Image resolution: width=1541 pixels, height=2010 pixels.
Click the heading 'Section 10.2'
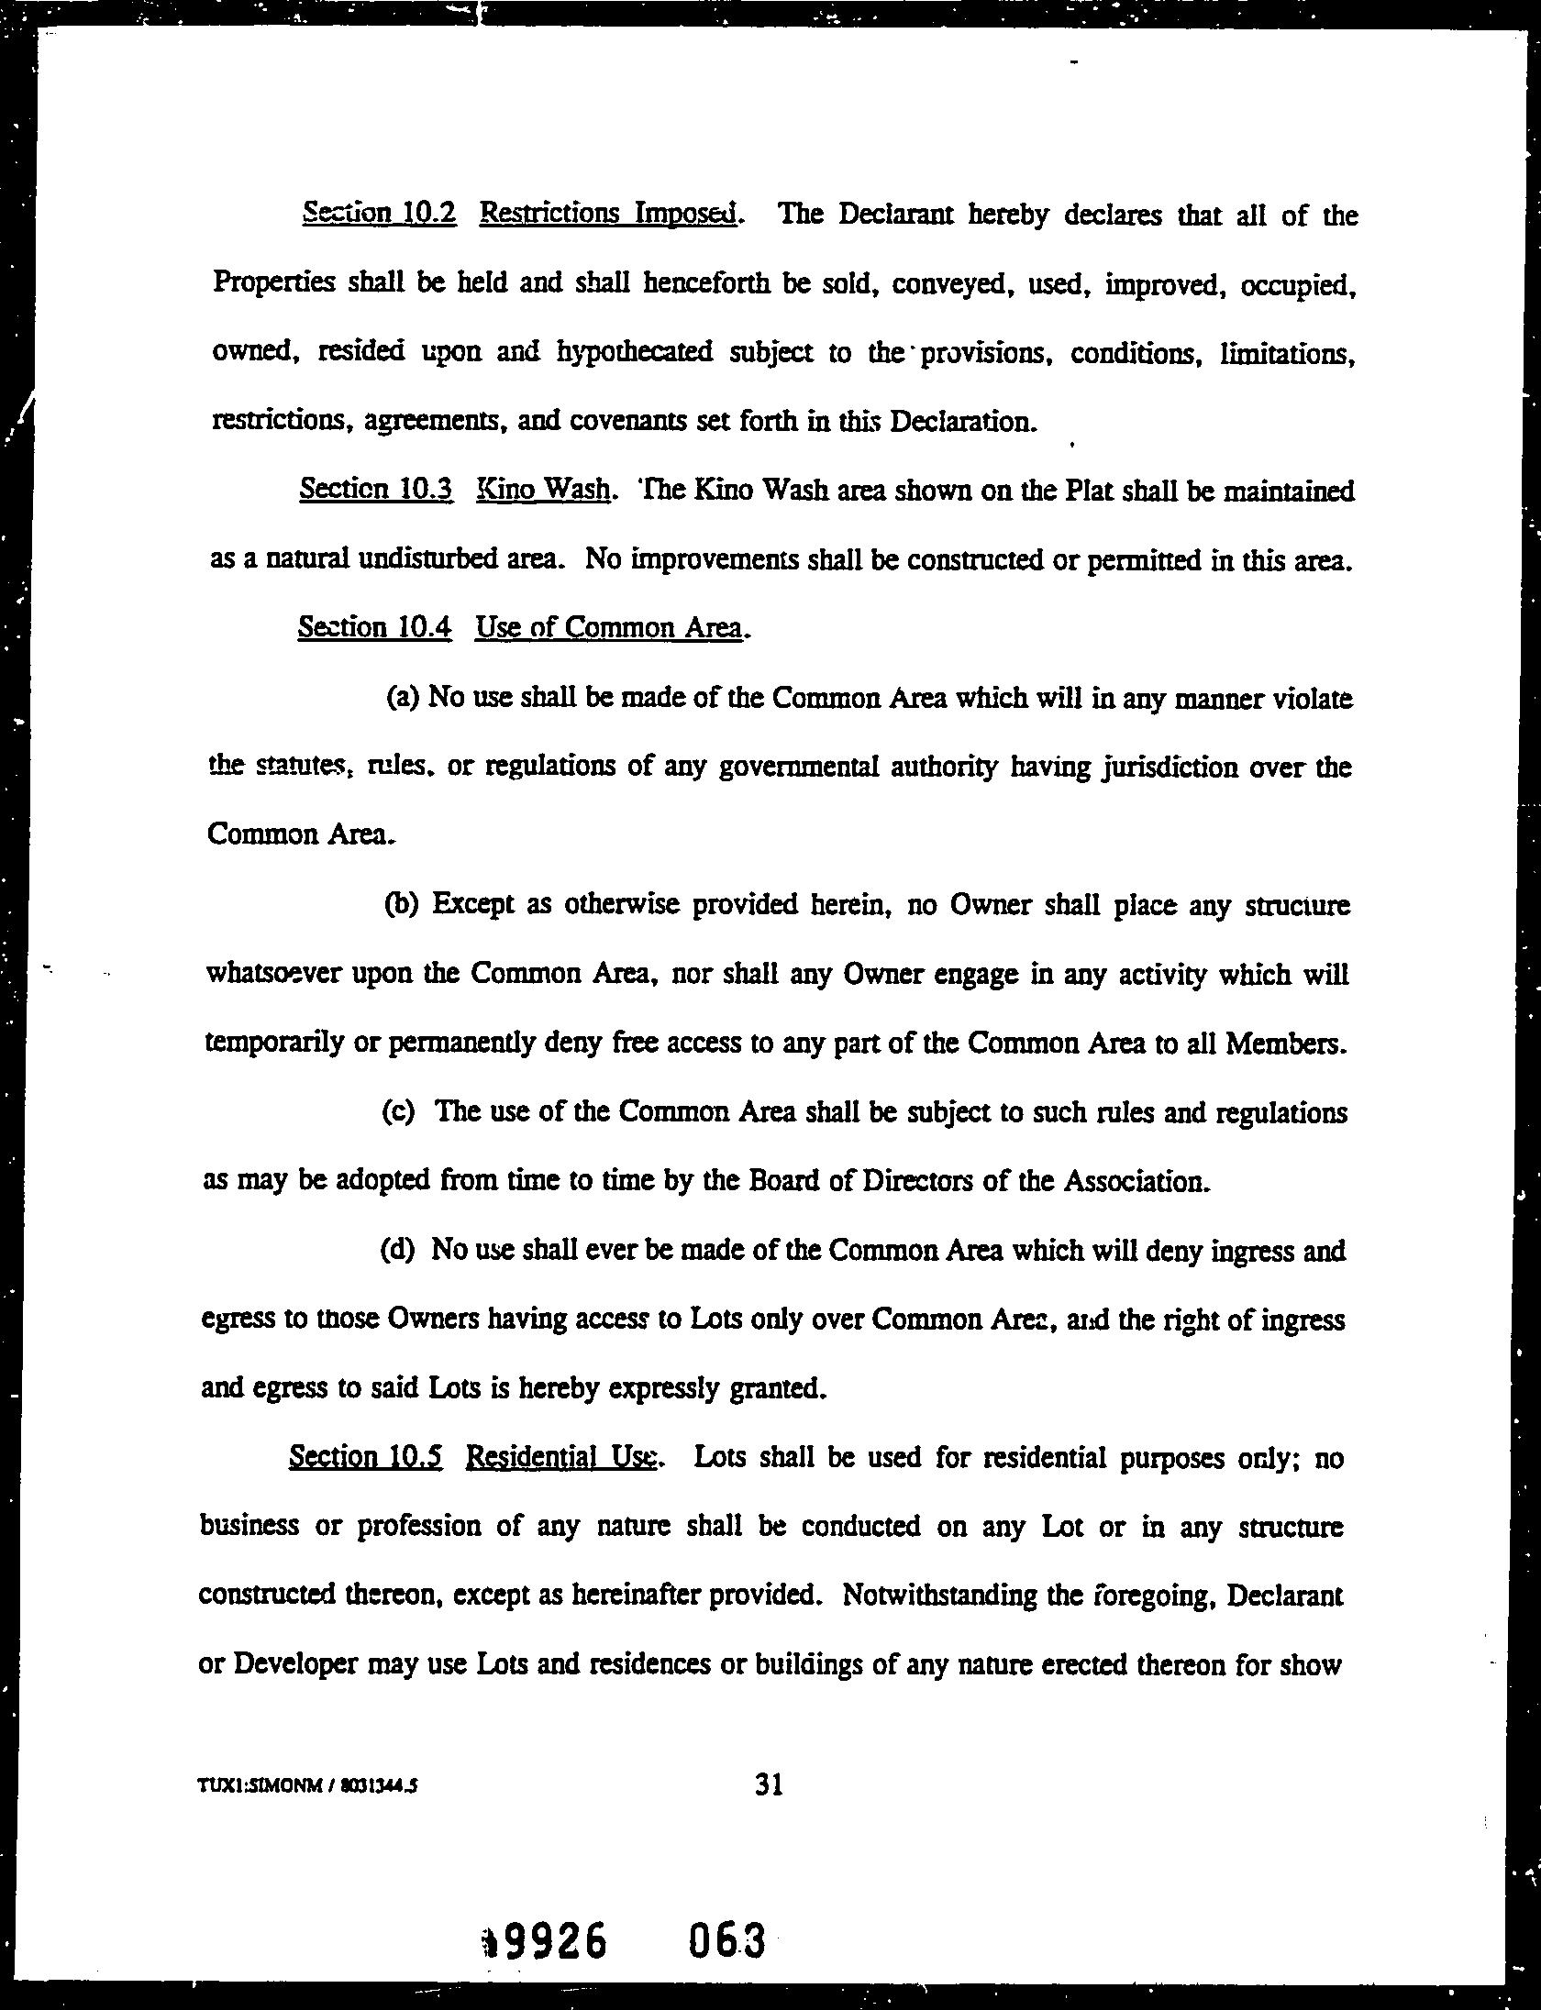[x=379, y=214]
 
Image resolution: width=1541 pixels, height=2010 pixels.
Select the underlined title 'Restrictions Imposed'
[x=609, y=214]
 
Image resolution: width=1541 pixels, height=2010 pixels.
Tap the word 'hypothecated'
[x=635, y=354]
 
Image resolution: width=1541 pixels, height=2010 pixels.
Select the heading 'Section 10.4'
[x=375, y=627]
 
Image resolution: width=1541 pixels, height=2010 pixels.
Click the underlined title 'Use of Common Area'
[x=609, y=627]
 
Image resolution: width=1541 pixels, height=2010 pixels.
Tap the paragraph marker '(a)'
[x=403, y=699]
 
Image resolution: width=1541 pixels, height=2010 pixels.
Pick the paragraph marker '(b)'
[x=401, y=905]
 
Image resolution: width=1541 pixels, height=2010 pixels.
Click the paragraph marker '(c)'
[x=399, y=1112]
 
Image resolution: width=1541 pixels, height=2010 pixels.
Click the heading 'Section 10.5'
[x=366, y=1458]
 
